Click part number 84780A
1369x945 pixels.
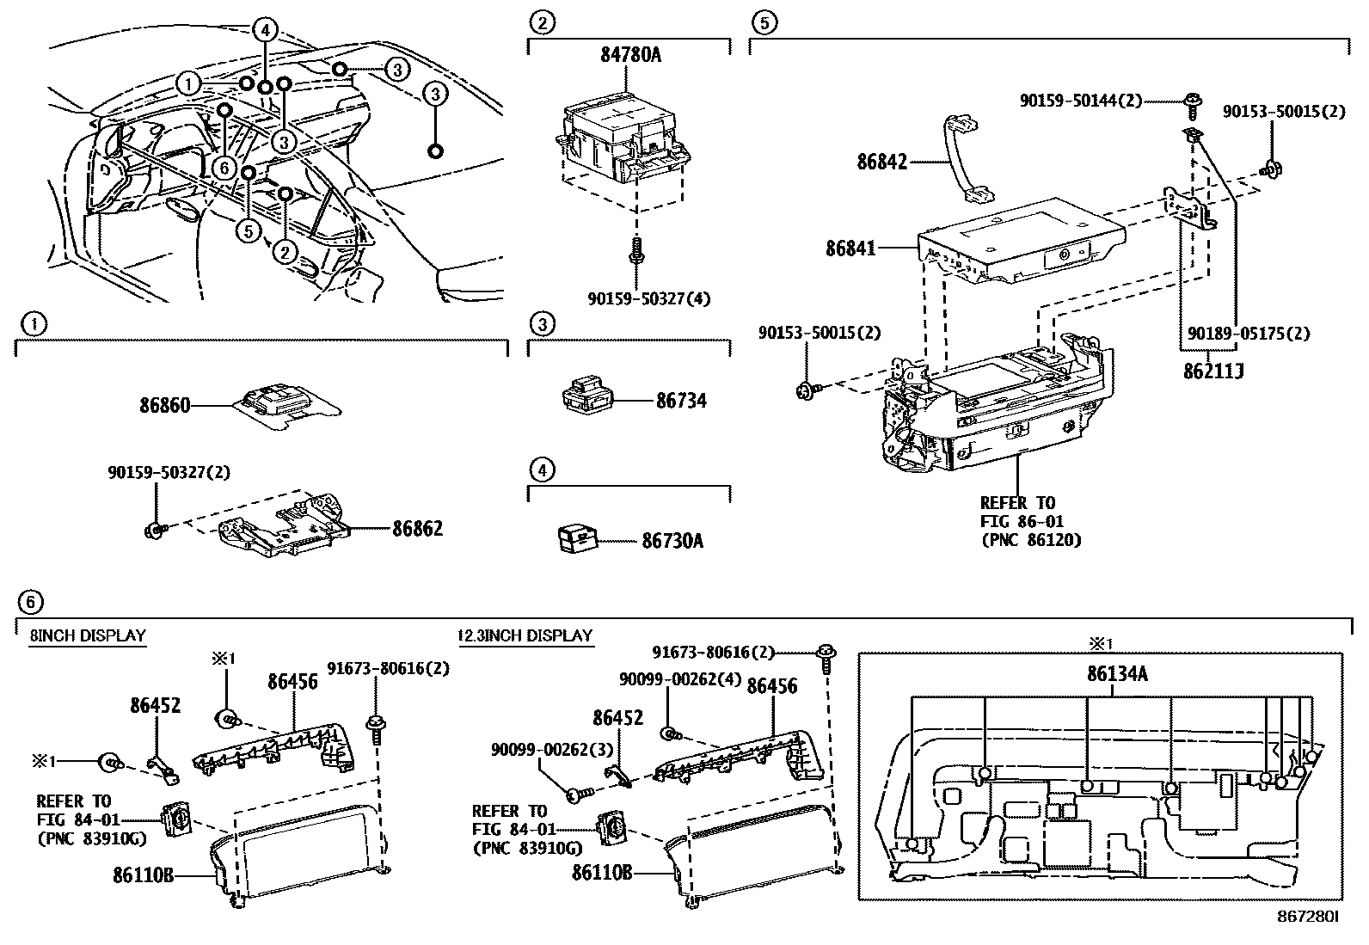(x=630, y=56)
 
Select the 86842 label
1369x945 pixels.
(x=882, y=161)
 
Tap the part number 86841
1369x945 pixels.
(x=850, y=249)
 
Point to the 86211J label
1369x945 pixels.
(x=1213, y=371)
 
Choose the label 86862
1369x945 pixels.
(x=418, y=528)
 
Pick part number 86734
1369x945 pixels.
(x=681, y=400)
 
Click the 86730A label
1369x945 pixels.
(x=672, y=541)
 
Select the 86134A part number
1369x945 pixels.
(x=1117, y=674)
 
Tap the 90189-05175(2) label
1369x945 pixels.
(x=1249, y=334)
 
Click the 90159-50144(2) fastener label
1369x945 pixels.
(x=1081, y=101)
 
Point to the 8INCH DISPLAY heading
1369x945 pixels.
(x=88, y=636)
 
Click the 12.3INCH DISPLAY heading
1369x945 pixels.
(x=525, y=636)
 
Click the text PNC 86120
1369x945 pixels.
(x=1030, y=540)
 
